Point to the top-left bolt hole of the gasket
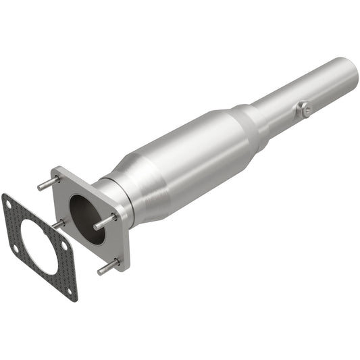tap(8, 202)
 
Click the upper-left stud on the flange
tap(47, 183)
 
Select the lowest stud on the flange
tap(107, 268)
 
